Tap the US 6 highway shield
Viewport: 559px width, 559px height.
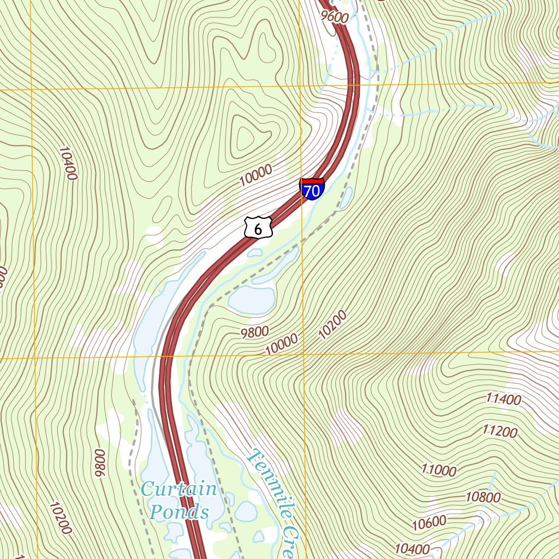point(258,227)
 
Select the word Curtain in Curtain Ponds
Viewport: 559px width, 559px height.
point(179,489)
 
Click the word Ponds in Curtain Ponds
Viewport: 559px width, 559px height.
point(179,512)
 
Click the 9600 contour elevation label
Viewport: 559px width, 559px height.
point(335,16)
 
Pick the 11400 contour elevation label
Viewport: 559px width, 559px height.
point(503,399)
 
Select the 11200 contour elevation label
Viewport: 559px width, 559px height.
point(499,432)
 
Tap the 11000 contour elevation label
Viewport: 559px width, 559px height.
point(439,469)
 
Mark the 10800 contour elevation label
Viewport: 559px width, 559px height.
point(483,497)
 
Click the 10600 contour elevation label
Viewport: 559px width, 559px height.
point(429,523)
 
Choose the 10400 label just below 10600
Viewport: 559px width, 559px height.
point(412,548)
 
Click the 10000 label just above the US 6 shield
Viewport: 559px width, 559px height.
point(255,176)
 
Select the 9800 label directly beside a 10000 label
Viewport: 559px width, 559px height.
point(254,331)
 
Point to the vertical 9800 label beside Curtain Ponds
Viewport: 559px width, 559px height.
point(99,463)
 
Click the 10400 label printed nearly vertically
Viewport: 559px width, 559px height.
point(69,163)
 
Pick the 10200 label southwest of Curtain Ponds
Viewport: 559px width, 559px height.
point(60,518)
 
